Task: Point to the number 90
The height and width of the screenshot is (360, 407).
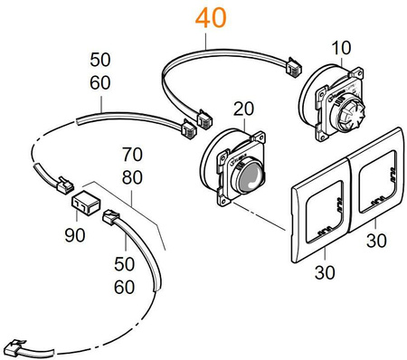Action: [x=75, y=235]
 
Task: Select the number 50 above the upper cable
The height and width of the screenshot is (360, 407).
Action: [x=100, y=61]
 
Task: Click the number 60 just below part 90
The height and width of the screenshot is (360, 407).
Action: [x=123, y=287]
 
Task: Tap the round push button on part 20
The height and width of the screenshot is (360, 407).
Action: [x=251, y=173]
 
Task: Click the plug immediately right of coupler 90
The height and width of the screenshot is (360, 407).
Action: [x=110, y=218]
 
